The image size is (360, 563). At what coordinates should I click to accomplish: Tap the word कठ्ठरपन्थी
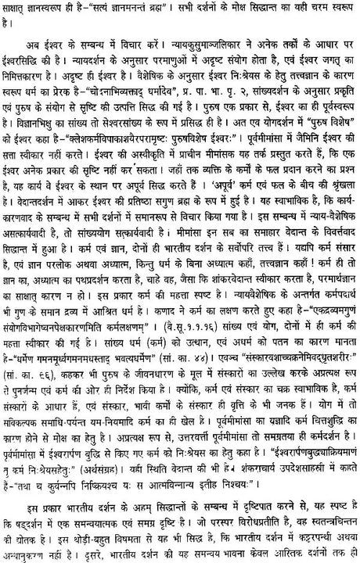(305, 536)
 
